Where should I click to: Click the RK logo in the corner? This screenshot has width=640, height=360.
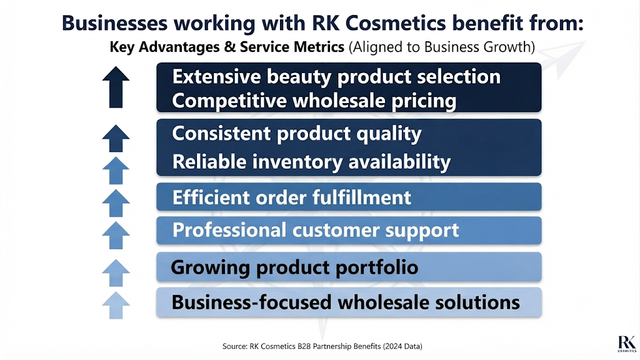[627, 344]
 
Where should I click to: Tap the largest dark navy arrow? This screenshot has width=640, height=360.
[116, 87]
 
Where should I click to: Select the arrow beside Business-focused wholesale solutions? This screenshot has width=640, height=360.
[116, 305]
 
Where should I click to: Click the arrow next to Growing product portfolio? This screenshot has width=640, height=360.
[116, 272]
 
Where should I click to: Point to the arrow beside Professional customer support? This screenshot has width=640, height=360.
[116, 235]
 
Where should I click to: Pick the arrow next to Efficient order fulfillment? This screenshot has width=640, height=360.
[116, 203]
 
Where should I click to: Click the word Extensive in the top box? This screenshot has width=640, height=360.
[216, 77]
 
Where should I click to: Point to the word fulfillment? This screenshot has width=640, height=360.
[362, 197]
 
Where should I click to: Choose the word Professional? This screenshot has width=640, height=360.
[229, 230]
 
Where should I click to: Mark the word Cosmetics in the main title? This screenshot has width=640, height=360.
[396, 23]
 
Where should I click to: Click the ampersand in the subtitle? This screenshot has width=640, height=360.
[230, 47]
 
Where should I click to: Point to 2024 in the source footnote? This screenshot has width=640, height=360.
[394, 346]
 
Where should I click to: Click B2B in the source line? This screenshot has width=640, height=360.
[304, 346]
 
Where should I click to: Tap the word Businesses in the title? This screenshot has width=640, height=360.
[115, 23]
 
